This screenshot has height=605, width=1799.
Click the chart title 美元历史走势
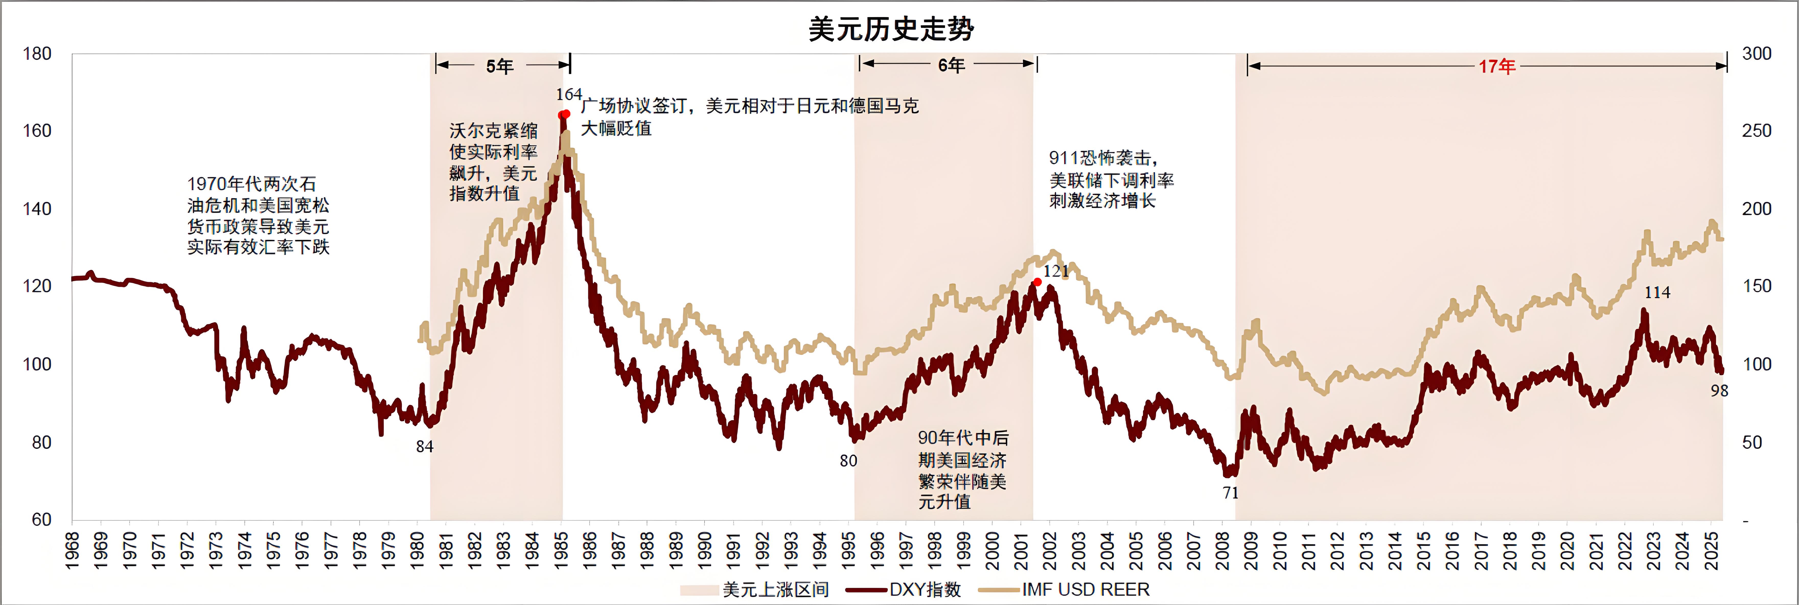coord(891,29)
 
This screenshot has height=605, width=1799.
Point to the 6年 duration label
coord(951,65)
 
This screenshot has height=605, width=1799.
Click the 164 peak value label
coord(569,94)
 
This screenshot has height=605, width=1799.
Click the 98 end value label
coord(1719,391)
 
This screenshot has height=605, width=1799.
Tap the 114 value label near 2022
coord(1656,293)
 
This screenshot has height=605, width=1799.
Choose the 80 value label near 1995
coord(848,461)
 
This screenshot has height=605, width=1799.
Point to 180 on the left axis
coord(37,54)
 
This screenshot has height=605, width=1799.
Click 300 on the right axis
coord(1756,54)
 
